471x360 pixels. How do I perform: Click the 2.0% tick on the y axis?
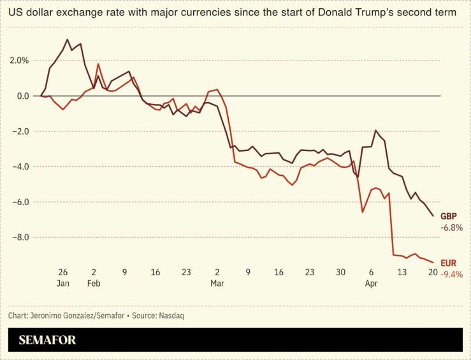(x=19, y=61)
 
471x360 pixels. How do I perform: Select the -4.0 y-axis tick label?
(x=21, y=167)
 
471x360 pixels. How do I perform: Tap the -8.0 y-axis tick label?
(x=21, y=238)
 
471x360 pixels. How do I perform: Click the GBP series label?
(x=449, y=216)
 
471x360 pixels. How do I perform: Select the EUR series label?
(x=448, y=263)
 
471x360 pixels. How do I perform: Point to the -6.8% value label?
(x=451, y=227)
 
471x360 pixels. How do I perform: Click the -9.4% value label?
(x=451, y=274)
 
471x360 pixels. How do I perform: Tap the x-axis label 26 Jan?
(x=62, y=277)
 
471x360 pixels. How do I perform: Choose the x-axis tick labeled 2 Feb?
(x=94, y=277)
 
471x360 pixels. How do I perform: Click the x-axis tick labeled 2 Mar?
(x=217, y=277)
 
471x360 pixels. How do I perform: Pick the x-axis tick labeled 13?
(x=402, y=272)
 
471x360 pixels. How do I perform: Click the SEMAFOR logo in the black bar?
(x=47, y=340)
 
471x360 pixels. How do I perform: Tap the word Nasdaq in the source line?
(x=171, y=315)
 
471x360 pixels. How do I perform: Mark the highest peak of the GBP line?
(x=68, y=40)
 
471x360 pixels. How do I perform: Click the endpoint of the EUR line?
(x=433, y=262)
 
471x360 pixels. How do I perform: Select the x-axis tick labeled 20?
(x=433, y=272)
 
